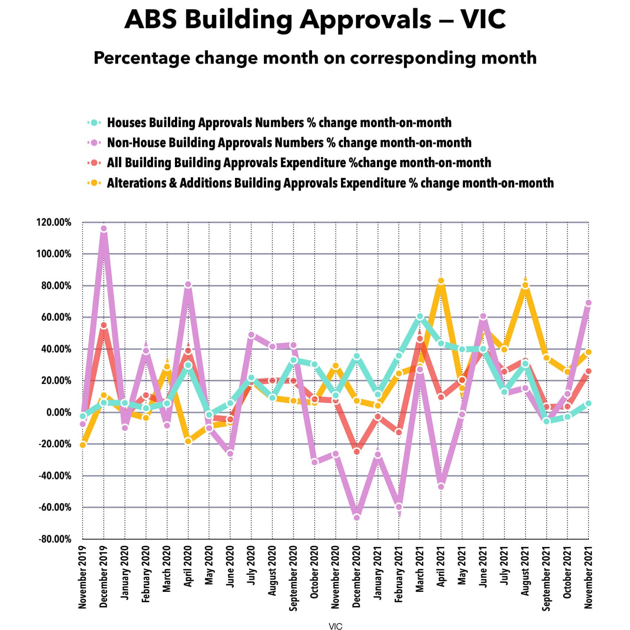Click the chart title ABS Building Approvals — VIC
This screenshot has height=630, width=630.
315,19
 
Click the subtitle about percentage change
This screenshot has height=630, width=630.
315,58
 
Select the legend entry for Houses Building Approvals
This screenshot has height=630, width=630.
279,123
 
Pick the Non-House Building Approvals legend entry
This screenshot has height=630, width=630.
289,143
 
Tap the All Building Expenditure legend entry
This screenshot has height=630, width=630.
299,163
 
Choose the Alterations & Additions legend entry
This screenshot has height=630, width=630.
330,183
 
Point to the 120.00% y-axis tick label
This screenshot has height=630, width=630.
54,222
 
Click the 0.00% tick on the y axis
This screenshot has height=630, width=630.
58,412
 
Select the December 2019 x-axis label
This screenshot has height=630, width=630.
103,577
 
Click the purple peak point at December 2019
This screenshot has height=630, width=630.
104,229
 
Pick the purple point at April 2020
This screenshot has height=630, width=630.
188,285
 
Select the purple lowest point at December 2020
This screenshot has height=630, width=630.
357,518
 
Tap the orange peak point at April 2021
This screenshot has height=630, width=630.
441,281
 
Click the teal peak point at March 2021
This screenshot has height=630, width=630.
420,316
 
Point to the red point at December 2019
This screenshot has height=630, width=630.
104,325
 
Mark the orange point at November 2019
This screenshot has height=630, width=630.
83,445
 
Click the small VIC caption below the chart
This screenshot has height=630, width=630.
335,626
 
